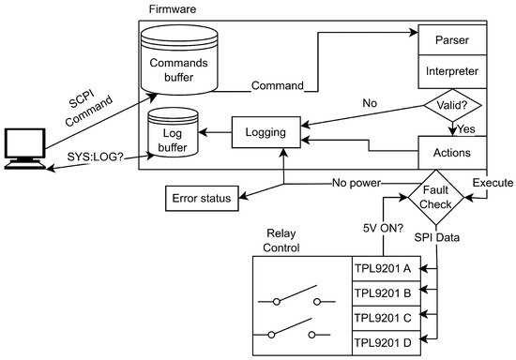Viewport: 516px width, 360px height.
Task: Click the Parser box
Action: click(452, 39)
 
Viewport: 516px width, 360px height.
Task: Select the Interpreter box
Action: click(452, 71)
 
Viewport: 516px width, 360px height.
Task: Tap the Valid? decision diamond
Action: click(453, 105)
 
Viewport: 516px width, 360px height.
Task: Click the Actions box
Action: click(452, 153)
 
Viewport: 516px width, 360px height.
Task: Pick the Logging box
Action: click(266, 132)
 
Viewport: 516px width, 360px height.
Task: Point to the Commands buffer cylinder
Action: click(179, 60)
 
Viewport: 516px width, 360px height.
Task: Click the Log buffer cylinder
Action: click(173, 132)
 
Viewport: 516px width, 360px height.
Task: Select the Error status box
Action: click(202, 198)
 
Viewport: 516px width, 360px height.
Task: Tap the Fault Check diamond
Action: click(436, 197)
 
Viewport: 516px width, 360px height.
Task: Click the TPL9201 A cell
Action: click(386, 269)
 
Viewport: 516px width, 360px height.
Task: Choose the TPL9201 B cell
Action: click(386, 293)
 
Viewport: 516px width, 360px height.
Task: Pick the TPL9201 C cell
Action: click(386, 318)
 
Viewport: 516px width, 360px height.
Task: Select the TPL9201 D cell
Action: click(386, 343)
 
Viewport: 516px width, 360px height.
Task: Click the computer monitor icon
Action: click(25, 149)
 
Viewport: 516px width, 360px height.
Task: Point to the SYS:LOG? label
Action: click(95, 157)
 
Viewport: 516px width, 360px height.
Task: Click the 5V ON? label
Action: click(383, 228)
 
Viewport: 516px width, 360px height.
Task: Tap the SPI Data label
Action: click(436, 237)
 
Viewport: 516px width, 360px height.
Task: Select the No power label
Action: click(357, 183)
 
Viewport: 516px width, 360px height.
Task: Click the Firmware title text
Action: click(173, 8)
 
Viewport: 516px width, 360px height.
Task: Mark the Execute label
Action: click(493, 183)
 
